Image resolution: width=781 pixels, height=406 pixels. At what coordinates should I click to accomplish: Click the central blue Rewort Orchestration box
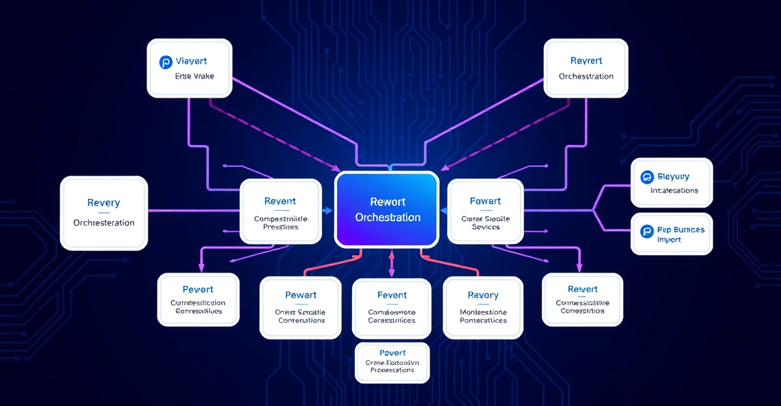[x=387, y=210]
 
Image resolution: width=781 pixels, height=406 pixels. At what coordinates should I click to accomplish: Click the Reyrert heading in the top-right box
[x=586, y=61]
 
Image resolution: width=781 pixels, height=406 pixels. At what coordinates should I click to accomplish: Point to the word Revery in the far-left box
[x=103, y=203]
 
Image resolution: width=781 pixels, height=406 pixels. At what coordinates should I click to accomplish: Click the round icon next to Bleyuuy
[x=646, y=176]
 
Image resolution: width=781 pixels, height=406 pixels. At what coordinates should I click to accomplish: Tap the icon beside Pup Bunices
[x=646, y=230]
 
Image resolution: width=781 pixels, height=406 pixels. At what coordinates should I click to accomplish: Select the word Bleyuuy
[x=673, y=176]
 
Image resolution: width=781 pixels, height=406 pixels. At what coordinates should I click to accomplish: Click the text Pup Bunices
[x=681, y=230]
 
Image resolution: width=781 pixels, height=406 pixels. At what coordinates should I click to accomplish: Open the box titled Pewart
[x=300, y=307]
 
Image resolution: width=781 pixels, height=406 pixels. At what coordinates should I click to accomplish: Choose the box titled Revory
[x=482, y=307]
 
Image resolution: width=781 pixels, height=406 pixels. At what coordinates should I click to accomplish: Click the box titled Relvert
[x=582, y=299]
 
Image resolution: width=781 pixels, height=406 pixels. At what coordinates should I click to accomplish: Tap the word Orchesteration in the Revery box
[x=104, y=223]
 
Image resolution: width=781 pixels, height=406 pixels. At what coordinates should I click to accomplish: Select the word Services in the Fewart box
[x=486, y=227]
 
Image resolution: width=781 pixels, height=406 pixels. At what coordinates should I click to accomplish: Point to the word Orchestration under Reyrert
[x=586, y=76]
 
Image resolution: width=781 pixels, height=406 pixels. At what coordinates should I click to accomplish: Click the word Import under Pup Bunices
[x=669, y=239]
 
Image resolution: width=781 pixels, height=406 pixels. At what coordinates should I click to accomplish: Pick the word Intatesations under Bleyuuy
[x=674, y=191]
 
